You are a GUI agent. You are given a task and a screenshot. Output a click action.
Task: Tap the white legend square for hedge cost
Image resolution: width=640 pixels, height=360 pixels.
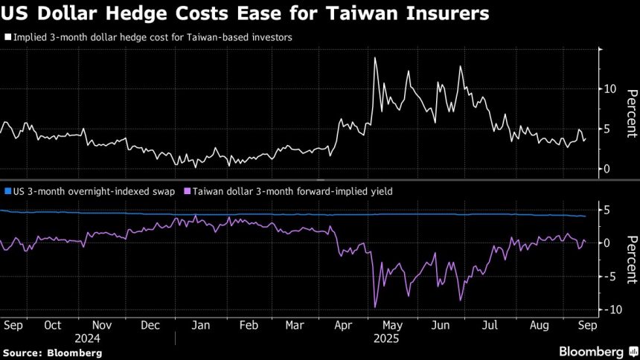tap(7, 36)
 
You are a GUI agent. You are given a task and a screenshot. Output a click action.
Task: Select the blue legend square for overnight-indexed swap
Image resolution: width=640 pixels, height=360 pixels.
tap(7, 191)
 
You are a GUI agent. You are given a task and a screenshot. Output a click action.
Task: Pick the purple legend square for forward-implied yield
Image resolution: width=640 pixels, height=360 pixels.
tap(187, 191)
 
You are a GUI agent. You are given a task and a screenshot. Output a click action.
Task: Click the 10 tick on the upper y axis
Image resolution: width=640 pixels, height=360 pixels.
tap(609, 89)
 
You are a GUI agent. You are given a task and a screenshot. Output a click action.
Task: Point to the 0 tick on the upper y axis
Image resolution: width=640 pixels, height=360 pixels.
tap(607, 169)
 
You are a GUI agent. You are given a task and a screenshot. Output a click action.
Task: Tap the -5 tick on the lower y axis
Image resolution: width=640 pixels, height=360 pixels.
tap(608, 276)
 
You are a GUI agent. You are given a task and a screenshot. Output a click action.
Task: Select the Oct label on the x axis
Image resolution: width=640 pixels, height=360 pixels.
tap(53, 325)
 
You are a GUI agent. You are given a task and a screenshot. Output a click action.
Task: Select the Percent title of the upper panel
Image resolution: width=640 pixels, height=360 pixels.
tap(631, 113)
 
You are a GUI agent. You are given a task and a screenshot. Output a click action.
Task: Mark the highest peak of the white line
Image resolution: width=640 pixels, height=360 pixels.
tap(374, 57)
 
